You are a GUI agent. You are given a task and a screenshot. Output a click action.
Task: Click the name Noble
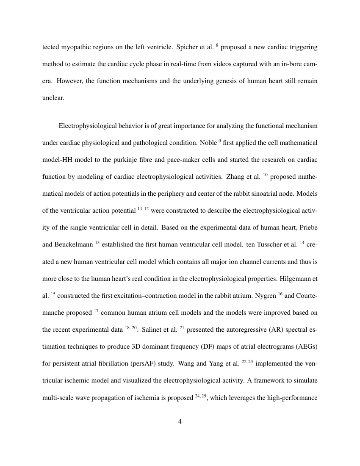point(207,143)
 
